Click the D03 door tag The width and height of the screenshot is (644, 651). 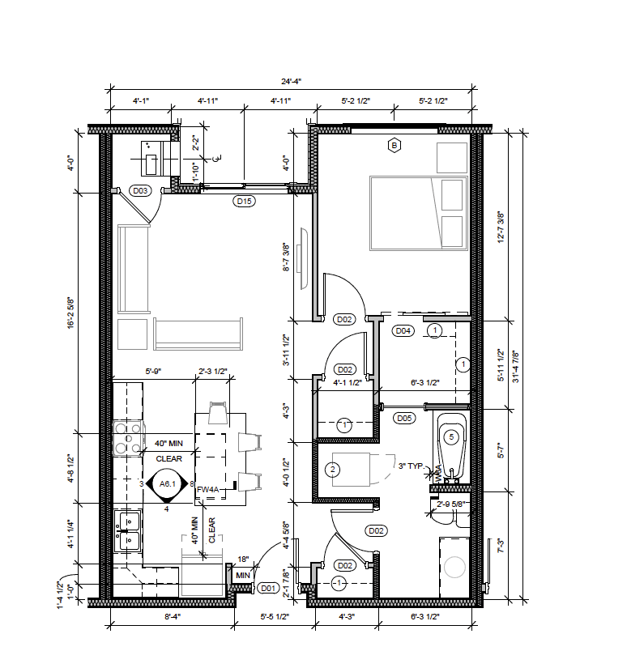140,191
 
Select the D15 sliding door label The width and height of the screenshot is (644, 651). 244,201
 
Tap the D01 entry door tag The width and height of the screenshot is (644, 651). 267,589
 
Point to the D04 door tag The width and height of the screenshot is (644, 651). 403,330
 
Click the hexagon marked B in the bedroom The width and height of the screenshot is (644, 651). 395,146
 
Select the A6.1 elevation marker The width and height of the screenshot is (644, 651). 168,484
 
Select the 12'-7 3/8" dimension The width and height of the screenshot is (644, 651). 501,228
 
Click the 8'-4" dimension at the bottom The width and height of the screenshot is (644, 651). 172,617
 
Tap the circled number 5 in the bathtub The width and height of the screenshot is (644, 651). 452,436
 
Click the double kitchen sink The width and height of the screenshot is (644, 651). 127,528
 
